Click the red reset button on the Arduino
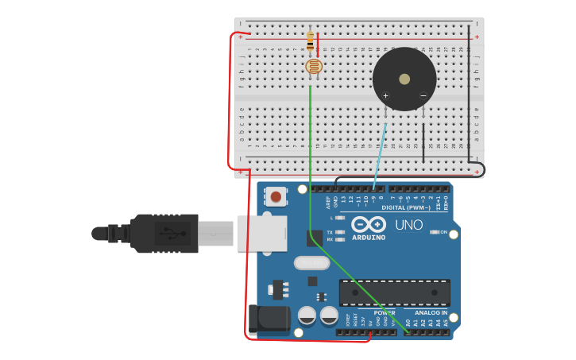(x=276, y=195)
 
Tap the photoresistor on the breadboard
(x=314, y=67)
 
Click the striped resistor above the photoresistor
(x=310, y=41)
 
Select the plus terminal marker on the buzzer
(x=385, y=96)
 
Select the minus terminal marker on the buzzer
(x=423, y=96)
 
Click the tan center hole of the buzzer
(x=404, y=79)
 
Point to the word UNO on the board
(x=409, y=225)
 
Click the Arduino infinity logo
(x=369, y=224)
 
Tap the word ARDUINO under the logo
(x=369, y=238)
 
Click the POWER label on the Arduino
(x=385, y=312)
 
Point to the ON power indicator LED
(x=435, y=232)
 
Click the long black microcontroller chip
(x=394, y=292)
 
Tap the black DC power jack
(x=269, y=319)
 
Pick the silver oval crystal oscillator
(x=311, y=263)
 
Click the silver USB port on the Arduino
(x=263, y=233)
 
